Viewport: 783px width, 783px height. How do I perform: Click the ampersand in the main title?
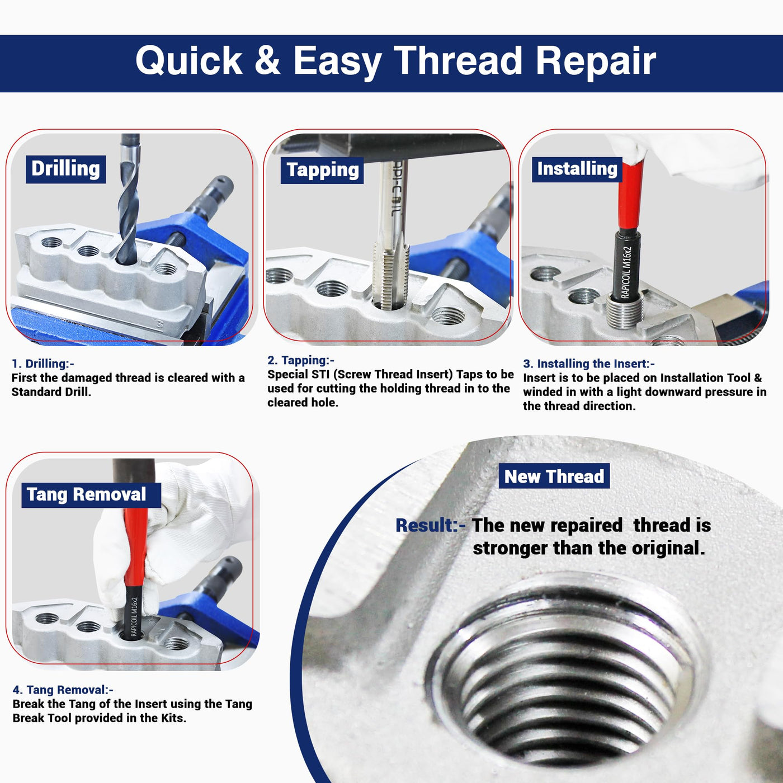click(x=267, y=60)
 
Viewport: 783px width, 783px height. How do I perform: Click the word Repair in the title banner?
click(x=596, y=61)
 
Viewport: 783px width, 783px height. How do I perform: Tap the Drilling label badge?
click(x=66, y=169)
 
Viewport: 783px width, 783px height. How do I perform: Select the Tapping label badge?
click(x=322, y=170)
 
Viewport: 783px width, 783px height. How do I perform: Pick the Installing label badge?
click(x=577, y=169)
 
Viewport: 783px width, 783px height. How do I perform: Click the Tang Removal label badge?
click(x=91, y=495)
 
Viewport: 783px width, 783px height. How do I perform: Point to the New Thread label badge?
click(x=554, y=476)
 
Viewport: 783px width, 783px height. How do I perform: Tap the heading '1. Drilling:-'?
click(x=43, y=364)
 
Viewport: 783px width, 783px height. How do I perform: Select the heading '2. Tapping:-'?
click(x=301, y=360)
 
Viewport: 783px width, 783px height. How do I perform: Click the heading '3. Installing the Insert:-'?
click(x=588, y=364)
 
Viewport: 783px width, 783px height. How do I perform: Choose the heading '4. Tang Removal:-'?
click(x=63, y=690)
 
